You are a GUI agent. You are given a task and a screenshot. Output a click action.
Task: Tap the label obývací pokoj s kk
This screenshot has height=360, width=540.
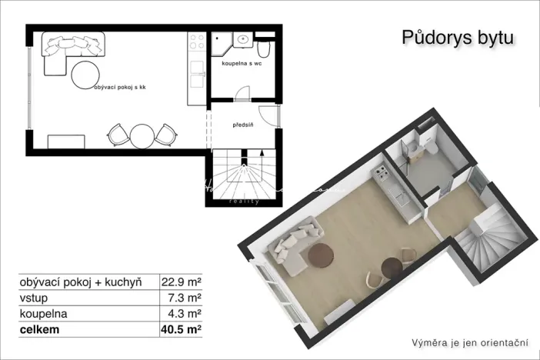pyautogui.click(x=119, y=88)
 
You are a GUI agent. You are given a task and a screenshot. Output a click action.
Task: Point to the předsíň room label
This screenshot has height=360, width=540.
pyautogui.click(x=242, y=124)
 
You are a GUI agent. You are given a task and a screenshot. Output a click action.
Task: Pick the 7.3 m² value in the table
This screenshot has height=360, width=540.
pyautogui.click(x=186, y=297)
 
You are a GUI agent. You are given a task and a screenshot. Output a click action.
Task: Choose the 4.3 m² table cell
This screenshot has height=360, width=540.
pyautogui.click(x=186, y=314)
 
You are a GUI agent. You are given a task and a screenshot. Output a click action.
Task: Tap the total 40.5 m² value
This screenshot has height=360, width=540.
pyautogui.click(x=182, y=331)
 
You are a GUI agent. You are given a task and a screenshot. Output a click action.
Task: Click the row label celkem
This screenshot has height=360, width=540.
pyautogui.click(x=40, y=331)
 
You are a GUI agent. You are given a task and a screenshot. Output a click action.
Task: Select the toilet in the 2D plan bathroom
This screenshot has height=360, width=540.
pyautogui.click(x=265, y=49)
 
